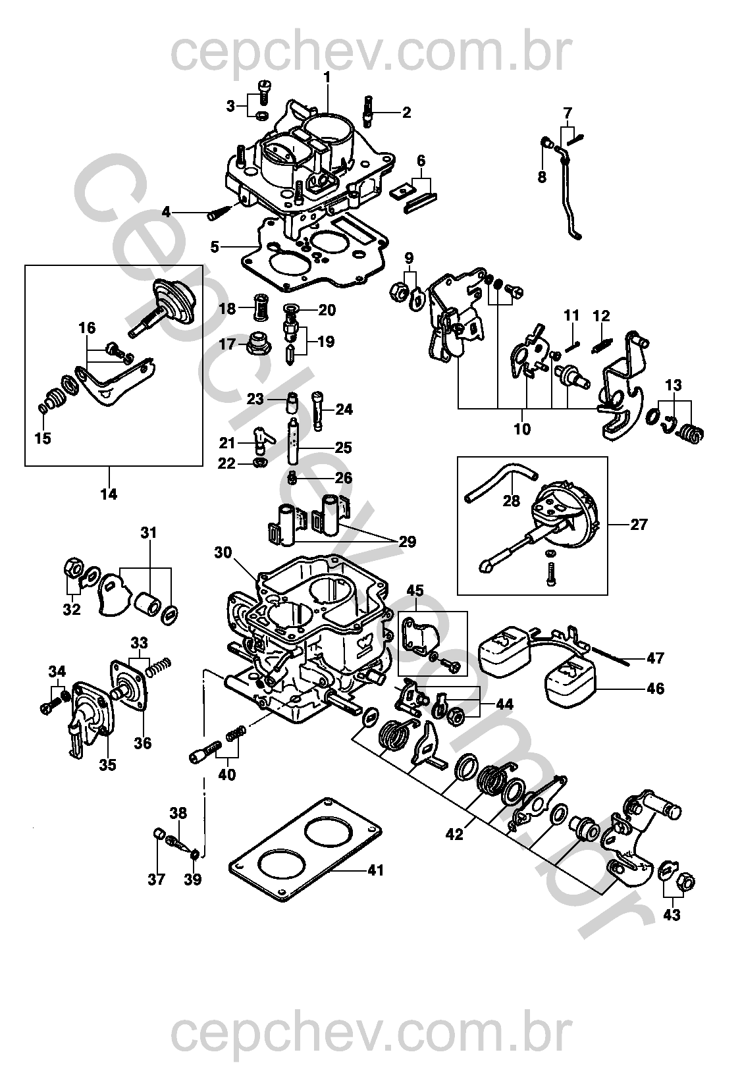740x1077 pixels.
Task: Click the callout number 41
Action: [375, 870]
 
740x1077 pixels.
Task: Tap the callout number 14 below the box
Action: [109, 494]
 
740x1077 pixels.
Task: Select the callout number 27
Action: [639, 524]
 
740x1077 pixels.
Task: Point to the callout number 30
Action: [223, 553]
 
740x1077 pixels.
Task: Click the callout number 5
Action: [215, 247]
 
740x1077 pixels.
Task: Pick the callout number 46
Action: [655, 689]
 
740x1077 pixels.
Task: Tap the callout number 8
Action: [542, 177]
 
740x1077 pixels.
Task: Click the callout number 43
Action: [672, 914]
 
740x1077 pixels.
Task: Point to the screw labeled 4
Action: [220, 211]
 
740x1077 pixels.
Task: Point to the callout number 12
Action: [602, 316]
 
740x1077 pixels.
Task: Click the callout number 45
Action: [416, 591]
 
